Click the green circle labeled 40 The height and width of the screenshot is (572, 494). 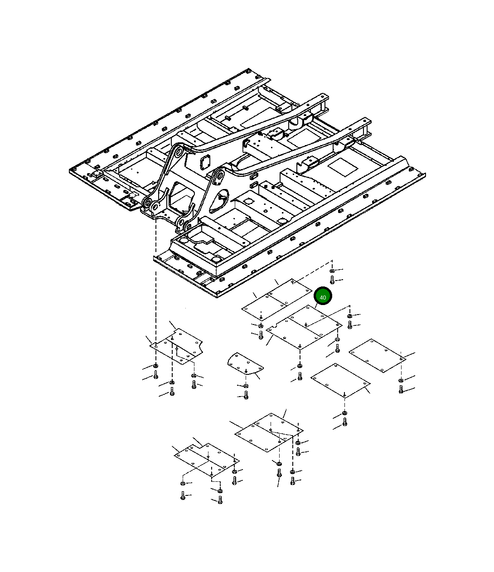323,296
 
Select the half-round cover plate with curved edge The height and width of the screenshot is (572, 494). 245,364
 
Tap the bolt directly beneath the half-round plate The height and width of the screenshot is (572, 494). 246,395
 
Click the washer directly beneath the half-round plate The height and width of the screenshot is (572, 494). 246,386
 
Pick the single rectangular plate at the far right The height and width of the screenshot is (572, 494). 377,356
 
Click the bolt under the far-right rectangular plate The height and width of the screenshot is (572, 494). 401,389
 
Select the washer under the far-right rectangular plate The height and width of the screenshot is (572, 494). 401,381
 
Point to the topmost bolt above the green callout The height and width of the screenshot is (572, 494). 332,280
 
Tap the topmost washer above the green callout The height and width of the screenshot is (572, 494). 332,271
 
